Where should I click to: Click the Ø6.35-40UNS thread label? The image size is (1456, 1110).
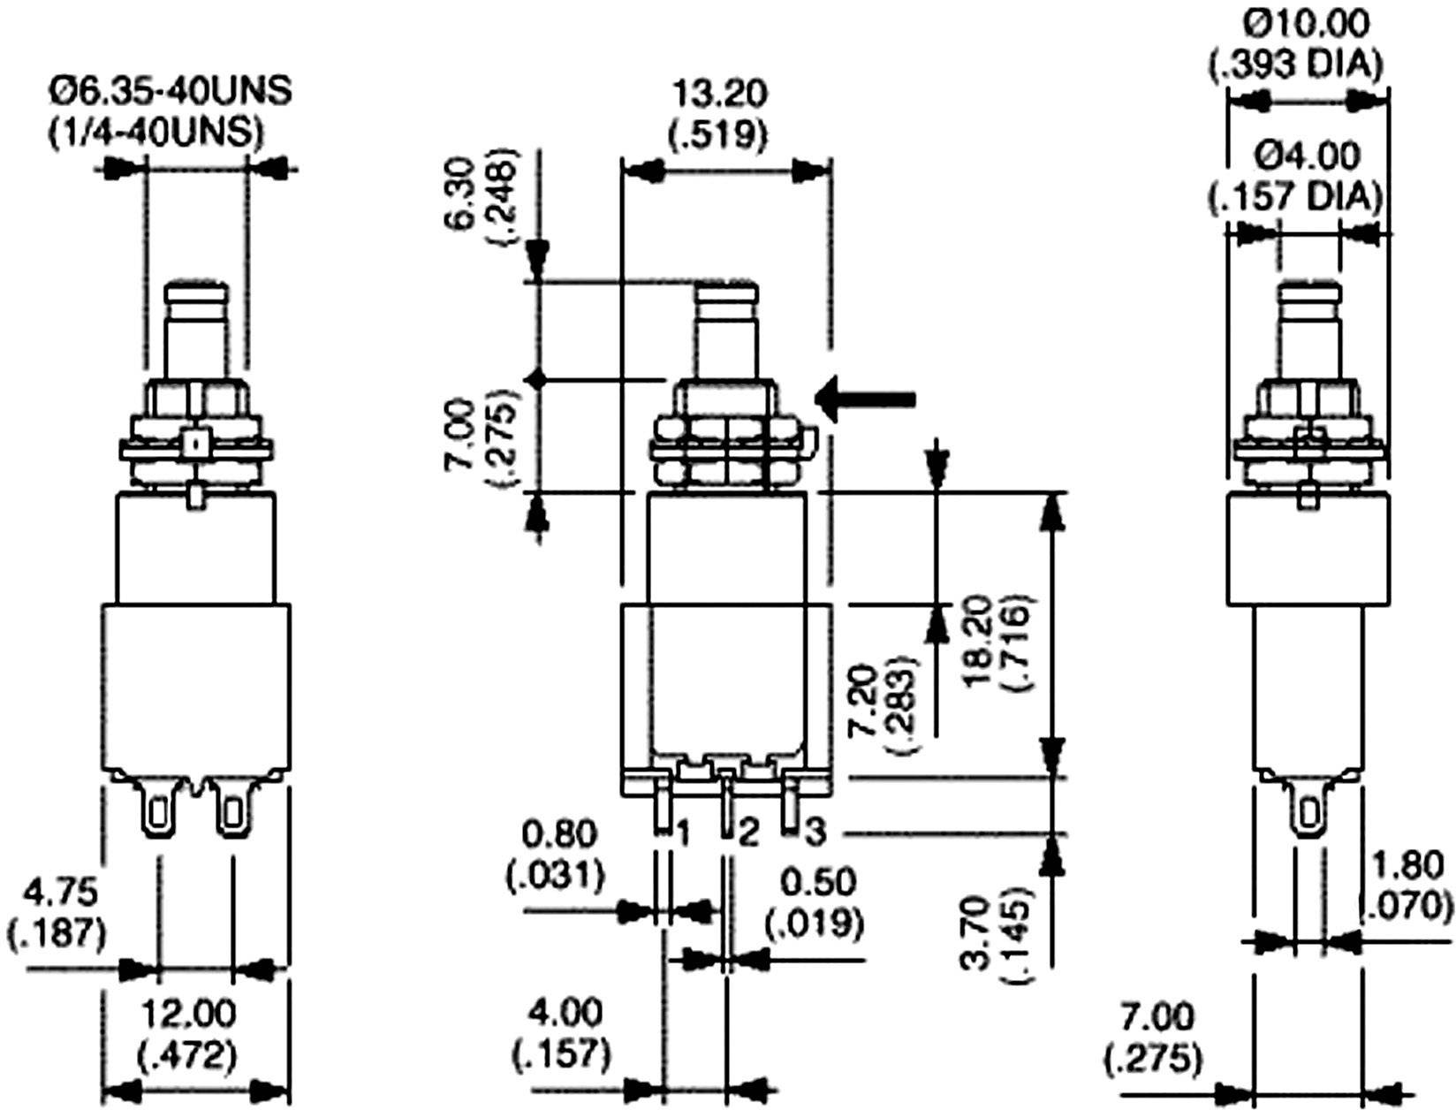(x=171, y=91)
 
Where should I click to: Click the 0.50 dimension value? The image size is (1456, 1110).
(x=818, y=882)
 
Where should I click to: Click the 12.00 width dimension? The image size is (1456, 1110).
(x=189, y=1013)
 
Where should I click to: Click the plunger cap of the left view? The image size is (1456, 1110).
(x=196, y=293)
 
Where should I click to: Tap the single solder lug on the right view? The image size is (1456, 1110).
(x=1308, y=807)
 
